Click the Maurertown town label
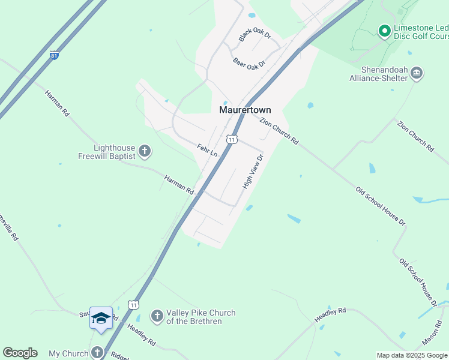point(244,110)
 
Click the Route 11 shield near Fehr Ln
point(231,139)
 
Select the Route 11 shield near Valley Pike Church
point(133,305)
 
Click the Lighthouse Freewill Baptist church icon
point(144,152)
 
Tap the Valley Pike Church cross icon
point(157,316)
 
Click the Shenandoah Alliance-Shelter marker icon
point(417,74)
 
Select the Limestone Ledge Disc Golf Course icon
point(384,29)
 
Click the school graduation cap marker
point(101,318)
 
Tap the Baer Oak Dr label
point(249,63)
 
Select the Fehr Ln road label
point(207,150)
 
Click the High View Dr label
point(253,172)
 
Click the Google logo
point(20,353)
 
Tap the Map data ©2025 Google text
point(412,356)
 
